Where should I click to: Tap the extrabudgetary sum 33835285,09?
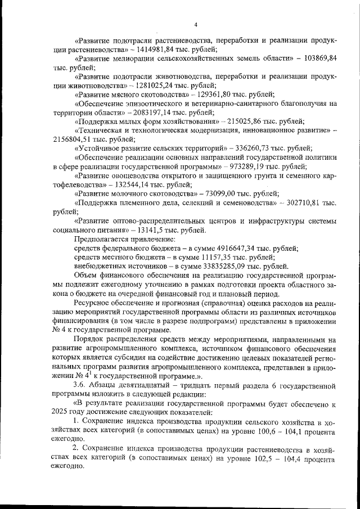[236, 266]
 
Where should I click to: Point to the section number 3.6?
[80, 384]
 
